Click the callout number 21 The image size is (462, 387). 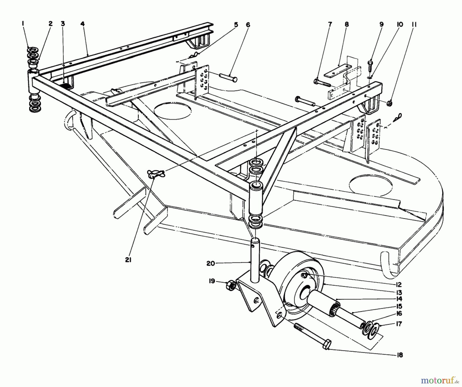(128, 260)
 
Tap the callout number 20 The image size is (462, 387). (210, 263)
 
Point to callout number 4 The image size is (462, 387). (82, 24)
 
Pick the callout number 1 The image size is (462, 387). (23, 24)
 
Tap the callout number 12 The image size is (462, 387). (399, 285)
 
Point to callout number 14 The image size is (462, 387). (399, 299)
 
